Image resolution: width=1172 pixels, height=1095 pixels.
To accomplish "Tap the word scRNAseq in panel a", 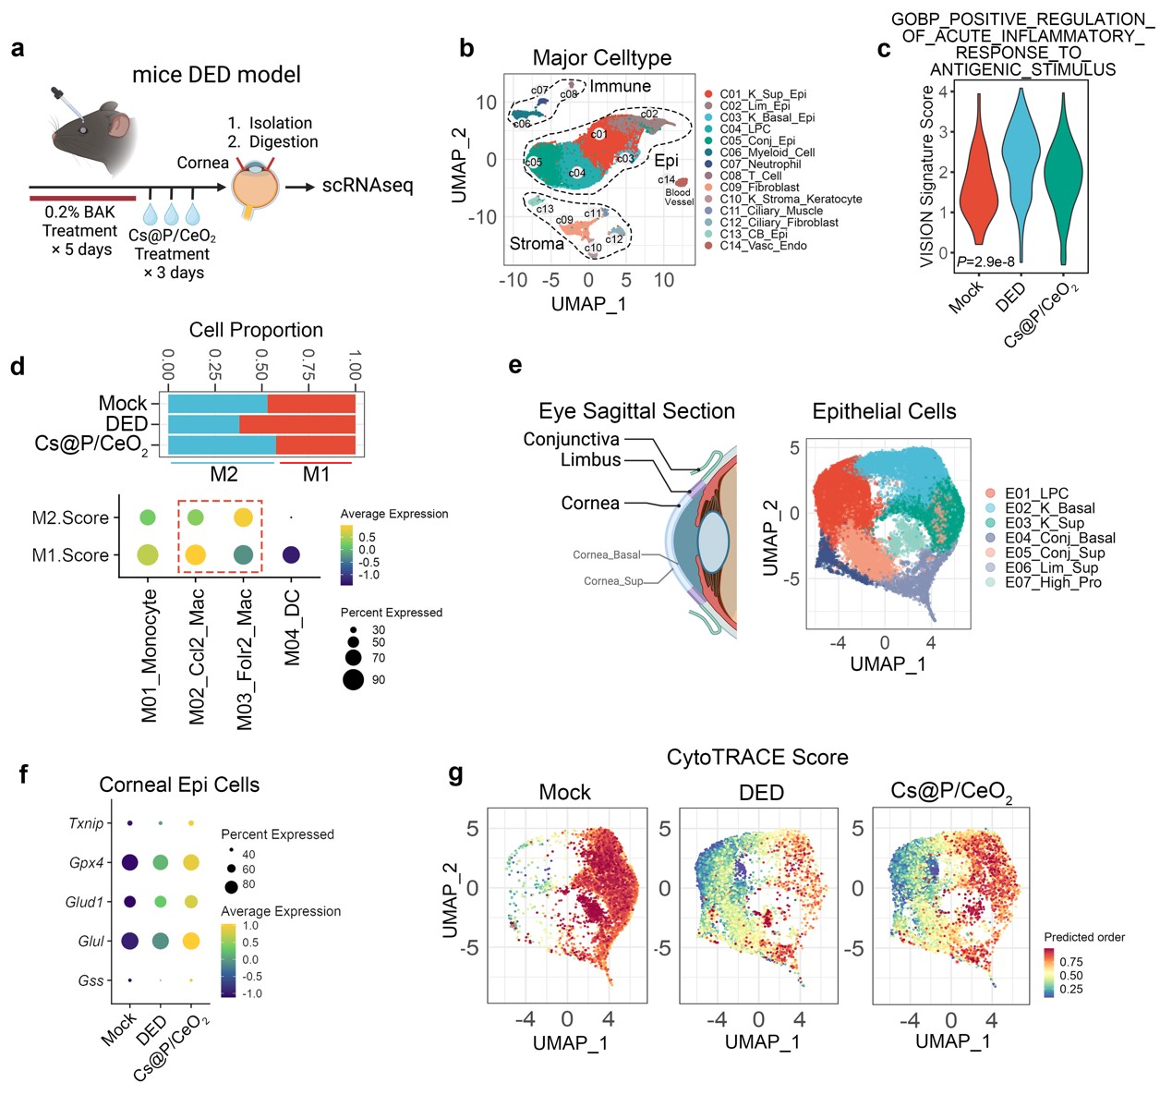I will click(x=368, y=186).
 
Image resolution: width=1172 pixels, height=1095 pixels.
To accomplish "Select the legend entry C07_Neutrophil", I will click(x=760, y=164).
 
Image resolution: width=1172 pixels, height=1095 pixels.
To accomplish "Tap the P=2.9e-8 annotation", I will click(x=985, y=262).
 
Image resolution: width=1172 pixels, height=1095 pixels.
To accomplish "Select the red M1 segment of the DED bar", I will click(x=297, y=424).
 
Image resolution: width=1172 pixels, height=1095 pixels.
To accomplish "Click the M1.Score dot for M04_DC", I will click(x=291, y=555).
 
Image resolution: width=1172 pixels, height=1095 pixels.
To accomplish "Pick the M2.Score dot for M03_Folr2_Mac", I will click(x=243, y=517).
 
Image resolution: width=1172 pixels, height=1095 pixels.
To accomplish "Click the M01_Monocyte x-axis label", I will click(x=150, y=657).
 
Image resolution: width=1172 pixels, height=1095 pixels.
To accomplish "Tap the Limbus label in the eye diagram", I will click(x=590, y=460).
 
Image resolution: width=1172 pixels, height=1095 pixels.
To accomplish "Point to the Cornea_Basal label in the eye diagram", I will click(x=607, y=555).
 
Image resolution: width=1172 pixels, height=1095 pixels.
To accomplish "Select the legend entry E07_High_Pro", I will click(x=1053, y=582).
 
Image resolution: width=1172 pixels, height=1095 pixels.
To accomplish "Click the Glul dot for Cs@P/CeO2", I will click(x=191, y=941).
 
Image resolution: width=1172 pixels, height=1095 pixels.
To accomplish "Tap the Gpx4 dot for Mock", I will click(x=130, y=862).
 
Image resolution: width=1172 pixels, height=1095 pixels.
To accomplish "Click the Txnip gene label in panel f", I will click(x=86, y=823).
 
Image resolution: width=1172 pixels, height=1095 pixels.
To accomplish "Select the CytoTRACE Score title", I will click(x=757, y=758).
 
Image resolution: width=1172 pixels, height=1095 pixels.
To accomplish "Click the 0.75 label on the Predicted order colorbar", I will click(x=1071, y=962).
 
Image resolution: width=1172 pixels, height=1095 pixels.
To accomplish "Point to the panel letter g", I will click(x=455, y=774).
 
